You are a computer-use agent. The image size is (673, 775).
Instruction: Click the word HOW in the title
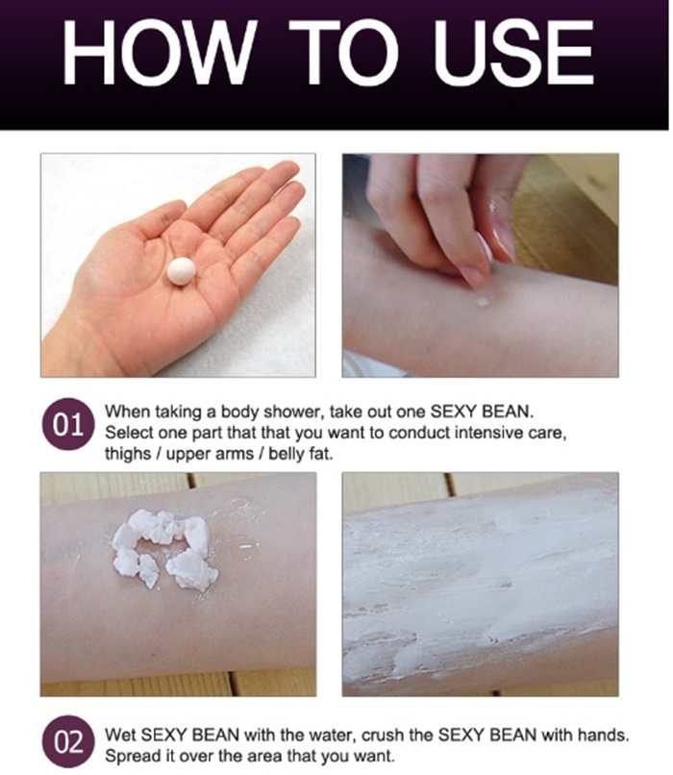(159, 52)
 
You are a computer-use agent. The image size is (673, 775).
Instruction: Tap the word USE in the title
(514, 52)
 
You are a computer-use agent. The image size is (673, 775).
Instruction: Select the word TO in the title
(343, 52)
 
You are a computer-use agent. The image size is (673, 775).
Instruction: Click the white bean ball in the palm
(182, 271)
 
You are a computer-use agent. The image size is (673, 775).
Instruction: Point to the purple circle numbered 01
(67, 424)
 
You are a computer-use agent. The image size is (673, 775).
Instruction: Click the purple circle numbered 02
(67, 742)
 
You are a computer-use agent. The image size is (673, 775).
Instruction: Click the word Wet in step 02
(120, 736)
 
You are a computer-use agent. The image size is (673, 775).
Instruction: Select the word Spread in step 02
(131, 757)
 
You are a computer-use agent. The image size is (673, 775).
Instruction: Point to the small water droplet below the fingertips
(482, 301)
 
